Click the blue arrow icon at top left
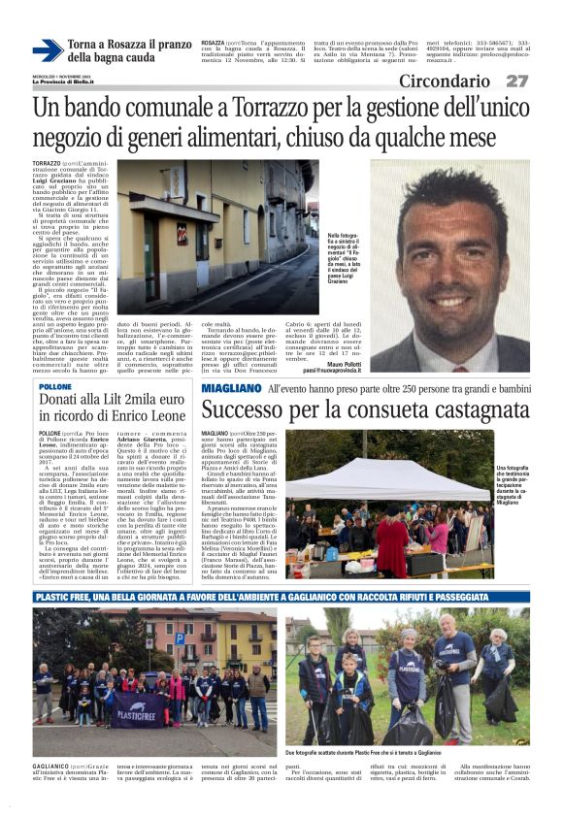tap(48, 49)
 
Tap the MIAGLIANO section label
tap(230, 388)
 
